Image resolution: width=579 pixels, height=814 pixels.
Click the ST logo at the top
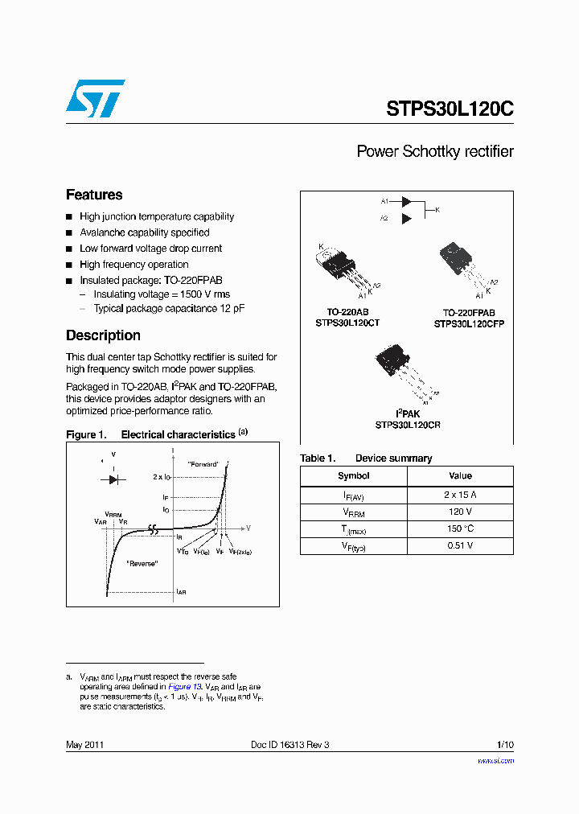pos(95,99)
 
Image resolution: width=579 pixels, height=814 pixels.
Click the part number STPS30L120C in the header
pos(450,109)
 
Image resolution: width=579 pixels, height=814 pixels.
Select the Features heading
pos(94,195)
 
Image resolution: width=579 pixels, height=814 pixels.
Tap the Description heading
pos(103,335)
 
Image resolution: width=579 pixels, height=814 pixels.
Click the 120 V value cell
pos(460,512)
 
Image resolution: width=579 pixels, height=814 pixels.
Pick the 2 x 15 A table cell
pos(460,495)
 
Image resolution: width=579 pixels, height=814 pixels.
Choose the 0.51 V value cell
pos(460,545)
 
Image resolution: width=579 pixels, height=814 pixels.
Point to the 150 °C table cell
pos(460,528)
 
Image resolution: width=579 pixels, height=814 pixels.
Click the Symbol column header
pos(353,476)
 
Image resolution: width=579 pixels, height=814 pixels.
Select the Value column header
pos(460,476)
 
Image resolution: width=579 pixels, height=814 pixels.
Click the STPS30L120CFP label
pos(469,323)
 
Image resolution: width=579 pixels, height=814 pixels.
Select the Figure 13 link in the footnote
pos(180,687)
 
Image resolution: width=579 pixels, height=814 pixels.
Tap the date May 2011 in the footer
pos(84,745)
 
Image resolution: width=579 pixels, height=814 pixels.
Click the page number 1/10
pos(504,745)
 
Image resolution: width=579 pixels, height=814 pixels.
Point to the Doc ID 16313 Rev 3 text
pos(289,745)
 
